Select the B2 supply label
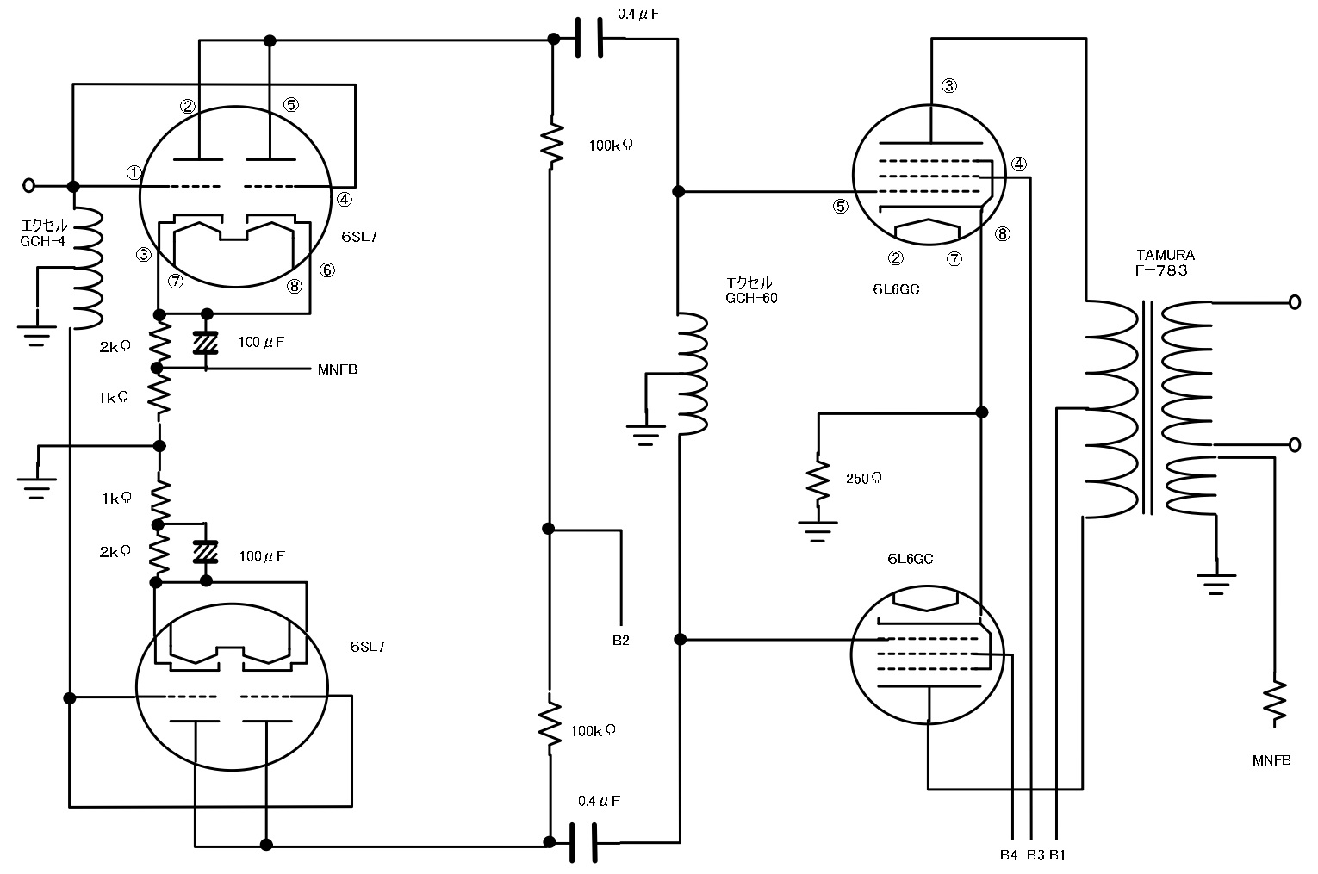[620, 641]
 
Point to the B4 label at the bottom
[1009, 855]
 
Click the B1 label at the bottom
[1057, 855]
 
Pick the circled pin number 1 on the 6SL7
[134, 172]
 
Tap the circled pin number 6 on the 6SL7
[326, 270]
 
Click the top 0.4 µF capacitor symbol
[588, 39]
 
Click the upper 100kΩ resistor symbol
[550, 143]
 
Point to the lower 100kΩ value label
[594, 731]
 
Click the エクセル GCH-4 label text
[44, 233]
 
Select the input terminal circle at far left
[28, 185]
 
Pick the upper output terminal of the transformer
[1293, 302]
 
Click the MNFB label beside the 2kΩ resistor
[337, 370]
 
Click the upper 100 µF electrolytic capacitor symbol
[206, 343]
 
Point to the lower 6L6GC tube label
[911, 559]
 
